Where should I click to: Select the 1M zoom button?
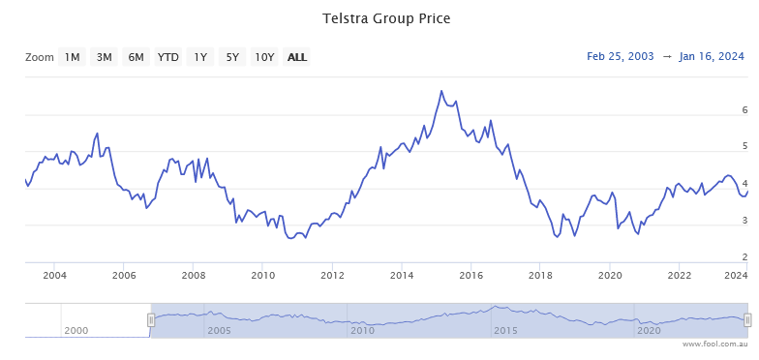tap(73, 57)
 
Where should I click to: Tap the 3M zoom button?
tap(104, 57)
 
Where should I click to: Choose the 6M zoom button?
tap(136, 57)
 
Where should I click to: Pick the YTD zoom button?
tap(168, 57)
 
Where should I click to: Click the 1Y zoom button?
tap(200, 57)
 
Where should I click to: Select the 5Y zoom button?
tap(232, 57)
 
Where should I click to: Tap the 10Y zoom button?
tap(264, 57)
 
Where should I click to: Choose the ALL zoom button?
tap(297, 57)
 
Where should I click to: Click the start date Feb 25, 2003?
tap(620, 57)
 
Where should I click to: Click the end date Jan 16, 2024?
tap(712, 57)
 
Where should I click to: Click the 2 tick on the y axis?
tap(744, 256)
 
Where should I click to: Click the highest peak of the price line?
tap(441, 91)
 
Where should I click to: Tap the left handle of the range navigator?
tap(151, 346)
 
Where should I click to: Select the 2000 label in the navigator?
tap(76, 357)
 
